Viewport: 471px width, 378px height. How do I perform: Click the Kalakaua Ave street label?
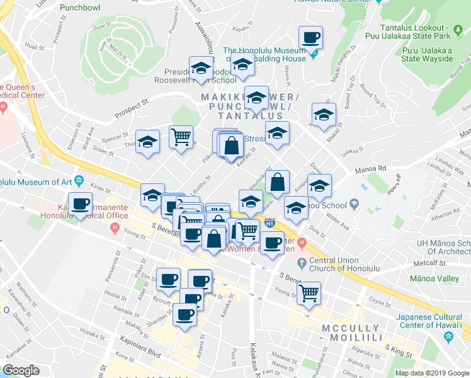[x=253, y=353]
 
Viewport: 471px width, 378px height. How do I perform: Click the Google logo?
[x=21, y=371]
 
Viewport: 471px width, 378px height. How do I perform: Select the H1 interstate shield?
[x=270, y=222]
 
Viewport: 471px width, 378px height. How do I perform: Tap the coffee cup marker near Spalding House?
[x=310, y=38]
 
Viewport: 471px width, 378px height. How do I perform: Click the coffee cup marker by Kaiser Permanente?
[x=80, y=204]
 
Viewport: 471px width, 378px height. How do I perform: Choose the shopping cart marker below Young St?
[x=309, y=292]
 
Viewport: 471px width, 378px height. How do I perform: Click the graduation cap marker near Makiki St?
[x=324, y=115]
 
